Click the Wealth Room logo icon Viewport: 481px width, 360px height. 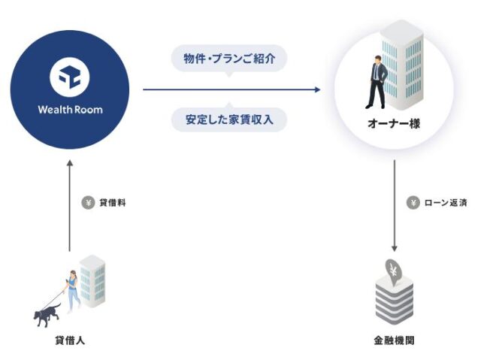click(70, 77)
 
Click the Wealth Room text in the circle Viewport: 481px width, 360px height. click(70, 110)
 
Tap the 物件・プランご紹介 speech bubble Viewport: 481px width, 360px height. click(230, 59)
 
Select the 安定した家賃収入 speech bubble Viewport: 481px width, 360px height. click(230, 118)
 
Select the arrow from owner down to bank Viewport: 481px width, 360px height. click(394, 207)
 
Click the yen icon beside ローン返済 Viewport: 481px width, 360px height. click(413, 202)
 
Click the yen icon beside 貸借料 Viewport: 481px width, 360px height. click(88, 202)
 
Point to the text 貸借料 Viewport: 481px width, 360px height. click(112, 202)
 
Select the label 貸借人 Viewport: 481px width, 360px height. click(70, 340)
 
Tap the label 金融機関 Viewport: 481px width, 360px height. click(395, 340)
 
